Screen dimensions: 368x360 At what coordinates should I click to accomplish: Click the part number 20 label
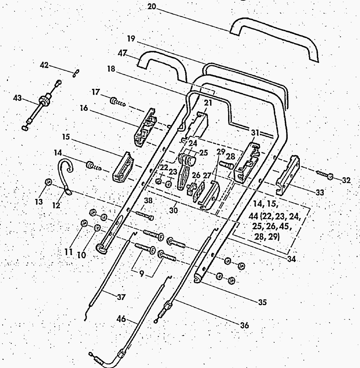coord(152,6)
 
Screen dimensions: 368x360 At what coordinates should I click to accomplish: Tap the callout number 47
coord(122,54)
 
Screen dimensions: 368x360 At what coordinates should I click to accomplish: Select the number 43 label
coord(18,98)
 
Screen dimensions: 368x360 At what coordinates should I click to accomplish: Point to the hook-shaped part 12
coord(65,174)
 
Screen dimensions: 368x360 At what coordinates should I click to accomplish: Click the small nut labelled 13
coord(48,182)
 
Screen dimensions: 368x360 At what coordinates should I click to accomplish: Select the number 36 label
coord(244,325)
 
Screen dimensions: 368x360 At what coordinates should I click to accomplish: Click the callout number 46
coord(121,319)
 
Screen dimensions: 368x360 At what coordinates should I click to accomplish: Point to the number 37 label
coord(121,297)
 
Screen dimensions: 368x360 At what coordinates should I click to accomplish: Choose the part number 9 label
coord(141,273)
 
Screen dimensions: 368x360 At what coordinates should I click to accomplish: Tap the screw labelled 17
coord(117,103)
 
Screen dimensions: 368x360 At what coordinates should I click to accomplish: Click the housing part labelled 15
coord(123,167)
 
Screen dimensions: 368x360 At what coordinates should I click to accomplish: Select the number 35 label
coord(262,302)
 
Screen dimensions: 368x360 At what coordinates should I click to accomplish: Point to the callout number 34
coord(291,259)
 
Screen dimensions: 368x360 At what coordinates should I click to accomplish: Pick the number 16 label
coord(84,108)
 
